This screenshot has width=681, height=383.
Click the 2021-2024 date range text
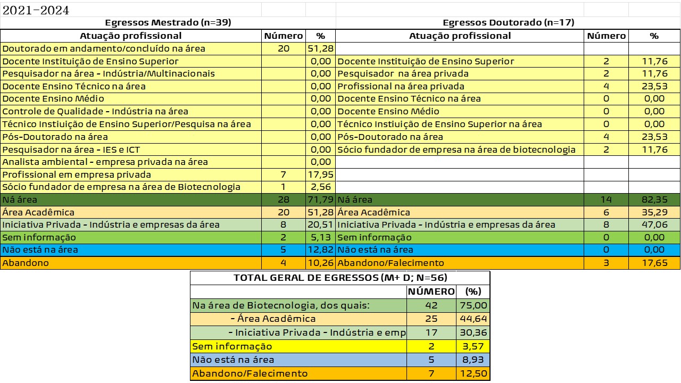(x=36, y=11)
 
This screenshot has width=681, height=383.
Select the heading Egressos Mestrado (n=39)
(x=168, y=23)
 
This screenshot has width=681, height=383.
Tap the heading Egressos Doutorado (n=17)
(x=508, y=23)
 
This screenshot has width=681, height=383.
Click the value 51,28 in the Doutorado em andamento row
(x=320, y=48)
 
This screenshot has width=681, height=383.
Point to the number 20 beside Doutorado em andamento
(x=284, y=48)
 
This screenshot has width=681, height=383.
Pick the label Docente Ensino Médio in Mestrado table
(x=53, y=98)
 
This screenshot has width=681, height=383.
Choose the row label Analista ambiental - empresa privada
(x=105, y=162)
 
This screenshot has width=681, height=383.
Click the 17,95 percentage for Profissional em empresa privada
(x=320, y=174)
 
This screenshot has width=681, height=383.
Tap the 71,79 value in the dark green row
(x=320, y=200)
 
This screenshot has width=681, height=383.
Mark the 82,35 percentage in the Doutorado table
(x=654, y=200)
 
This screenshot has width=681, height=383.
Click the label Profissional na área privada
(x=401, y=86)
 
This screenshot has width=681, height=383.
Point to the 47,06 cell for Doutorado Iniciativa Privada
(x=654, y=225)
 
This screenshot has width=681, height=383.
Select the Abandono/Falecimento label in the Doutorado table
(x=391, y=263)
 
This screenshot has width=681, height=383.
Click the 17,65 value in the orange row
(x=654, y=263)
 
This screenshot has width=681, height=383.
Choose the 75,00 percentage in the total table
(x=473, y=305)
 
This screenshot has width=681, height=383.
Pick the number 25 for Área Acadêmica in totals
(x=431, y=319)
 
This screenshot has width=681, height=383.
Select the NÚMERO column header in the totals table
(x=431, y=292)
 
